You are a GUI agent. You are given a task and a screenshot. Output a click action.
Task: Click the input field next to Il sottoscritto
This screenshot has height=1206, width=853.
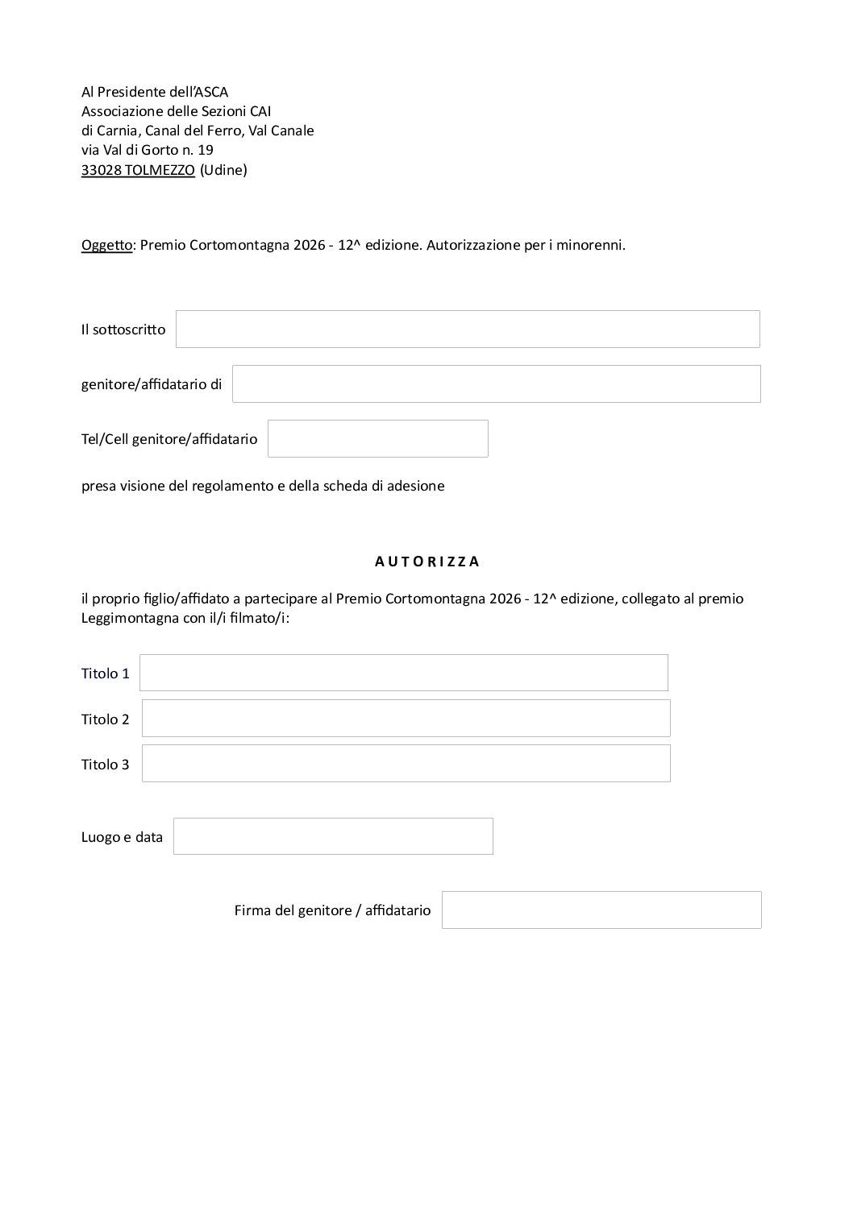click(468, 329)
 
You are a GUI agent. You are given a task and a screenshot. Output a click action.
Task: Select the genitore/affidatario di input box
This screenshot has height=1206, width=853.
click(496, 384)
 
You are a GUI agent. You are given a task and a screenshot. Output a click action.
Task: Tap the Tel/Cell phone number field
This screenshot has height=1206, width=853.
click(377, 439)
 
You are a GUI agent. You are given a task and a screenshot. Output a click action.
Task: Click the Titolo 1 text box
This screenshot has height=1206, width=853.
click(403, 673)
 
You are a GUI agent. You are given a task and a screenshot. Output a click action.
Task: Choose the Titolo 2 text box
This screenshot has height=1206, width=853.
click(406, 719)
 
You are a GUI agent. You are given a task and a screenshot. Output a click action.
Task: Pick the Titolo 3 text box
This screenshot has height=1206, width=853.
click(406, 764)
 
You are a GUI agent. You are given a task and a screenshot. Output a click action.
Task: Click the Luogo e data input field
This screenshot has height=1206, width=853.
click(333, 836)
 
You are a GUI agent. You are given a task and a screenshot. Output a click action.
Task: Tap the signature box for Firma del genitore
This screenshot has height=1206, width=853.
click(601, 910)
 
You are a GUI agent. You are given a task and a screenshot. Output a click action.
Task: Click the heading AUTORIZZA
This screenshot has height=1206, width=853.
click(427, 562)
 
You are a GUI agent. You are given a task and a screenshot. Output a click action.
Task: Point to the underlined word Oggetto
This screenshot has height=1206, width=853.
click(106, 245)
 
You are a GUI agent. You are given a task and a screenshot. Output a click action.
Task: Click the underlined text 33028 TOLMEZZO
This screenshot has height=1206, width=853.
click(138, 170)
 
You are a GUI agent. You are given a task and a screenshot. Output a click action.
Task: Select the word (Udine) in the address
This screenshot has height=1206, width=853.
click(223, 170)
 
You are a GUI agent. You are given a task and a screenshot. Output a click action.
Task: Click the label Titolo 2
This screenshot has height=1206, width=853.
click(105, 719)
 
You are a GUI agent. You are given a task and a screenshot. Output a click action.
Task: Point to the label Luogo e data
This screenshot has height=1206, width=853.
click(122, 837)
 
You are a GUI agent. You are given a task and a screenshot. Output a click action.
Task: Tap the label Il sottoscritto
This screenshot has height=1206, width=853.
click(123, 329)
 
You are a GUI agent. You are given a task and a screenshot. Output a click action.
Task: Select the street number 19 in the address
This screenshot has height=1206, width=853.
click(206, 150)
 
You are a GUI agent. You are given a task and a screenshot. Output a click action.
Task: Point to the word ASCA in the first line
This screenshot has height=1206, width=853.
click(212, 92)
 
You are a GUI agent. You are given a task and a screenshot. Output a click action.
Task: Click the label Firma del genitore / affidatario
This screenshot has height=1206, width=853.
click(332, 910)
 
